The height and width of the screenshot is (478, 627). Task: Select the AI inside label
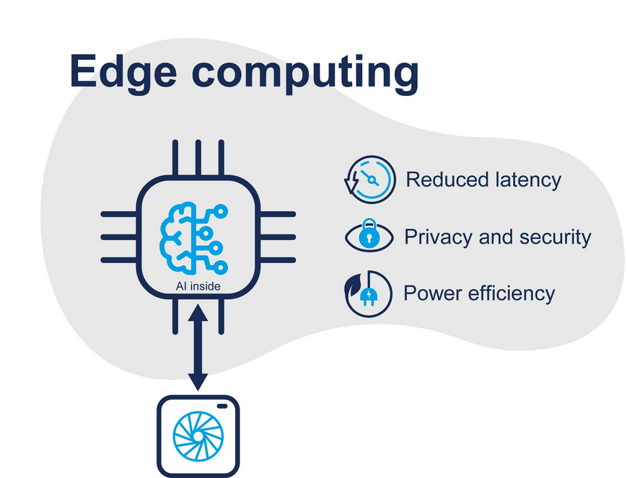198,287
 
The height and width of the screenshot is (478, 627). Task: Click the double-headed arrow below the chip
198,348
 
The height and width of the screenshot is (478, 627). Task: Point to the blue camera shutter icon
198,437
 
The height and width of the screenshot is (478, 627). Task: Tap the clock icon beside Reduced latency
369,180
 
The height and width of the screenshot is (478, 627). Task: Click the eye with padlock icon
369,237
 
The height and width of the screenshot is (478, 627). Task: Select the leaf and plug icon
369,293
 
